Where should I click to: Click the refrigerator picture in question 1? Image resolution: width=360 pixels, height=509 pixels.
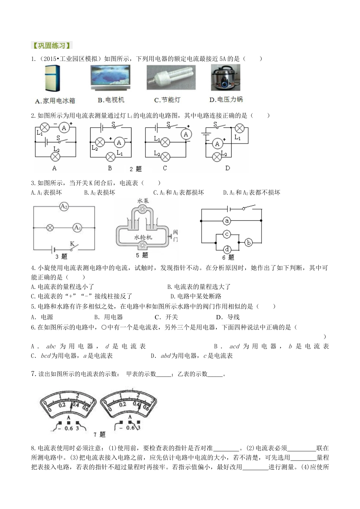click(52, 78)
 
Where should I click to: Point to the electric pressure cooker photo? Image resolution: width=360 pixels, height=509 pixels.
click(225, 77)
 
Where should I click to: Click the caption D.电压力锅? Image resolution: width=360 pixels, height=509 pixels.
click(226, 100)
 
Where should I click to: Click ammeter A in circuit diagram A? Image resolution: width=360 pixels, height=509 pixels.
click(64, 128)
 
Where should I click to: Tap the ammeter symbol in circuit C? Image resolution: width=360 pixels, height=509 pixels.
click(186, 134)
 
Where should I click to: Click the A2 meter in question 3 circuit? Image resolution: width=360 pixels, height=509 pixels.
click(64, 207)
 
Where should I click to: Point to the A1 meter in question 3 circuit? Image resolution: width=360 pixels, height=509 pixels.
click(77, 228)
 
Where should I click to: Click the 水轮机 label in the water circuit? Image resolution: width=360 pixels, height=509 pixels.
click(143, 237)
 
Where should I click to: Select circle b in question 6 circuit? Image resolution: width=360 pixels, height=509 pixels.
click(249, 242)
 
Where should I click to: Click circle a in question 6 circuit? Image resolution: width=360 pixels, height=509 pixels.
click(227, 220)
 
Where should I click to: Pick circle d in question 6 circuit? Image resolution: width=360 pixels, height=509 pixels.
click(227, 250)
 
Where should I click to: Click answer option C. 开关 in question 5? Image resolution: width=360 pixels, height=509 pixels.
click(166, 317)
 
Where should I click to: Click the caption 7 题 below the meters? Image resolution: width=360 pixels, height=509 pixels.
click(100, 434)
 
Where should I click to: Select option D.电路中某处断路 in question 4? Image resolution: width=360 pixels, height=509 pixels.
click(196, 296)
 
